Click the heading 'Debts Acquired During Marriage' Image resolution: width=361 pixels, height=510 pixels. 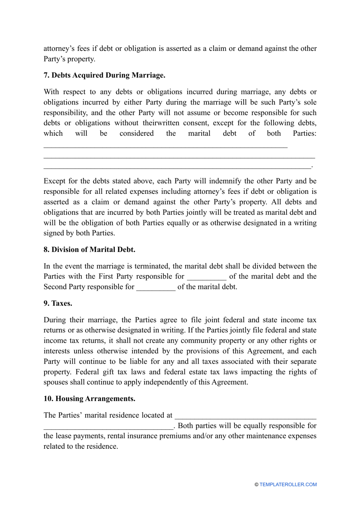(108, 75)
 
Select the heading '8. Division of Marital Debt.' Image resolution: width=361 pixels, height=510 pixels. (89, 250)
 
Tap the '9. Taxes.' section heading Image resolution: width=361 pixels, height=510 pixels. (58, 303)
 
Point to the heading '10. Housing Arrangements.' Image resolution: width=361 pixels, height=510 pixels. (89, 399)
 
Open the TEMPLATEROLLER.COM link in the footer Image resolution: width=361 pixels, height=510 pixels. (288, 485)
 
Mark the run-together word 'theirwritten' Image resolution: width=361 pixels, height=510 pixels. (159, 123)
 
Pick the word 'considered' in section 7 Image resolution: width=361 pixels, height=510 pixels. (136, 133)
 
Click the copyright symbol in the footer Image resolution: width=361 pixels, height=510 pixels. (256, 485)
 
